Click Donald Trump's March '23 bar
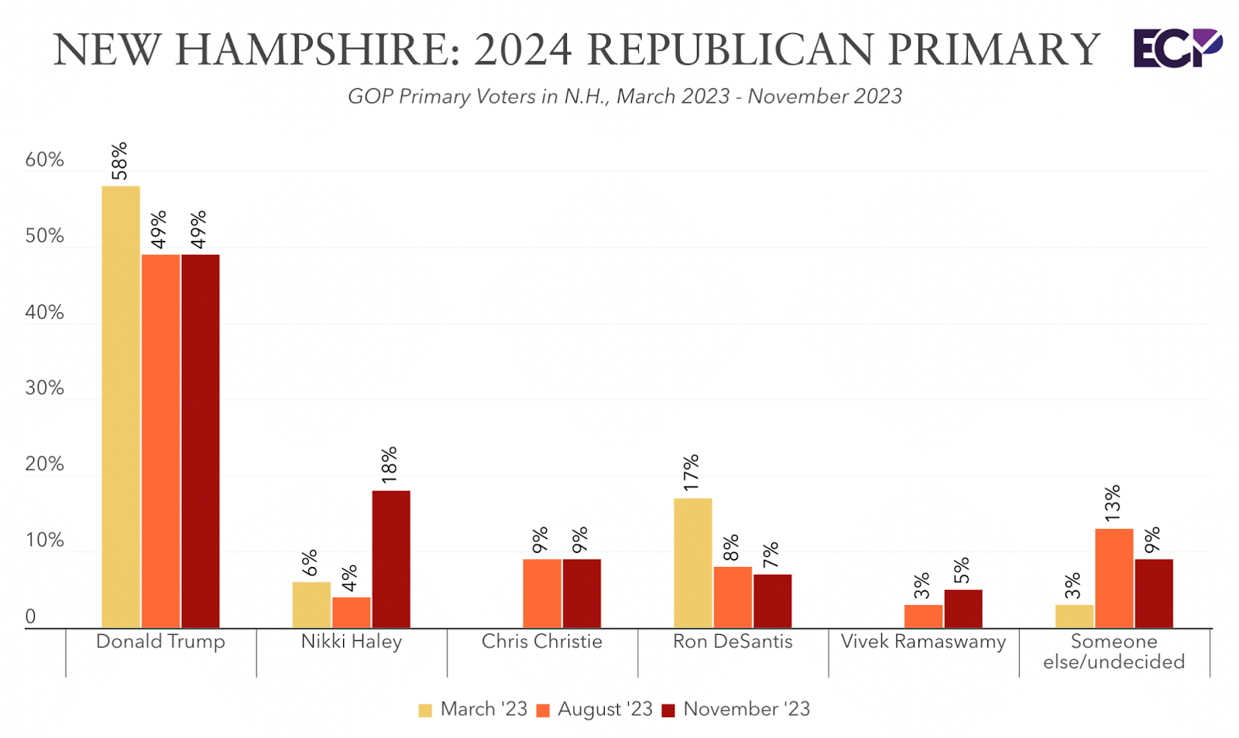pyautogui.click(x=121, y=407)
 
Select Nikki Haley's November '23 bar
pyautogui.click(x=391, y=559)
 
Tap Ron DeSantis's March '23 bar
pyautogui.click(x=693, y=563)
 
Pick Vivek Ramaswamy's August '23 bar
pyautogui.click(x=923, y=616)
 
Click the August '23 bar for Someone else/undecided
pyautogui.click(x=1114, y=578)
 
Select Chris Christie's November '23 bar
pyautogui.click(x=582, y=593)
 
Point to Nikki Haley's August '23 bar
pyautogui.click(x=352, y=613)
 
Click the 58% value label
pyautogui.click(x=119, y=161)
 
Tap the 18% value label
pyautogui.click(x=390, y=465)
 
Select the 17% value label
pyautogui.click(x=692, y=472)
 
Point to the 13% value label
pyautogui.click(x=1113, y=503)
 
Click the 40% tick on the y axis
pyautogui.click(x=44, y=313)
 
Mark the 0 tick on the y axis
pyautogui.click(x=31, y=617)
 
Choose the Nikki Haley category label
pyautogui.click(x=352, y=642)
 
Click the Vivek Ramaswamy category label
pyautogui.click(x=923, y=642)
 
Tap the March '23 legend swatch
pyautogui.click(x=425, y=710)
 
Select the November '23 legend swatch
pyautogui.click(x=669, y=710)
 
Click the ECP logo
pyautogui.click(x=1177, y=48)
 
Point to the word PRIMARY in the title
pyautogui.click(x=994, y=50)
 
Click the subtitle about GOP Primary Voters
pyautogui.click(x=624, y=97)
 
